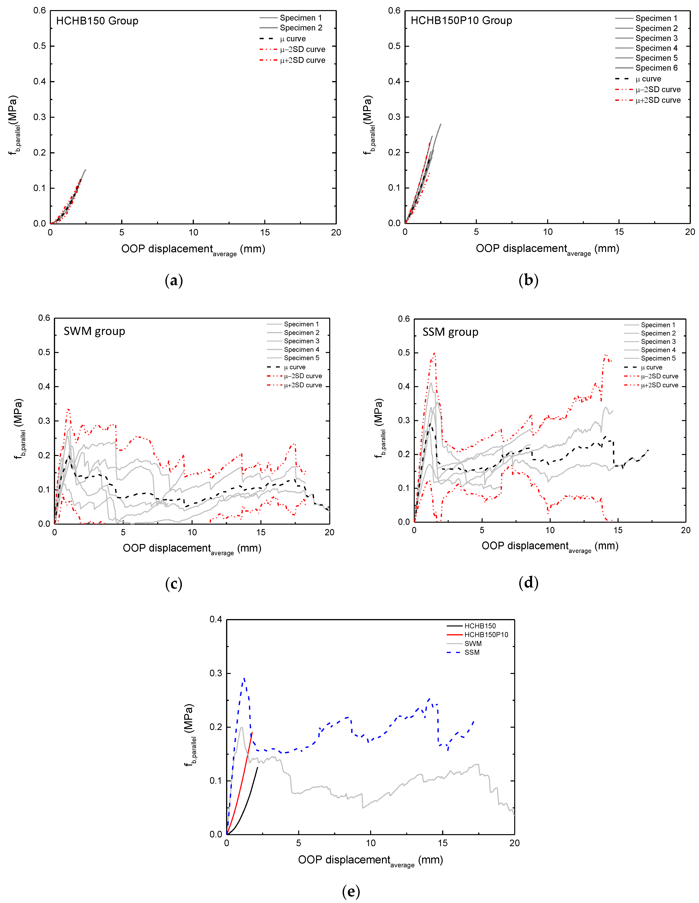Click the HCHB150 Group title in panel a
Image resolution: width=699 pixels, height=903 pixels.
[x=97, y=21]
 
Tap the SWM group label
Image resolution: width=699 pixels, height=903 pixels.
[x=94, y=331]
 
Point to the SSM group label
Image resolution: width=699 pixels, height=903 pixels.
[x=450, y=332]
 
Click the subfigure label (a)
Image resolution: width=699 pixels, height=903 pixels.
[x=174, y=281]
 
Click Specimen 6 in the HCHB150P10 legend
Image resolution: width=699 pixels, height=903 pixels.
[x=656, y=68]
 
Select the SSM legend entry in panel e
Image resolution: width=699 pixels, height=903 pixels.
[x=472, y=652]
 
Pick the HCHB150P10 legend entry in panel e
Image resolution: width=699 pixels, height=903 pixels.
[x=486, y=635]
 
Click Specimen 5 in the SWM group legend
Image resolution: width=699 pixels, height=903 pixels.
[x=301, y=358]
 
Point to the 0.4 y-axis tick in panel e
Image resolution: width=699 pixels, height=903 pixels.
[x=216, y=619]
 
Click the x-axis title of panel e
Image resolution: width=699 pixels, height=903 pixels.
[x=370, y=860]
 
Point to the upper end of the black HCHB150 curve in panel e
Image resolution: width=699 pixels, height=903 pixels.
[x=257, y=767]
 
